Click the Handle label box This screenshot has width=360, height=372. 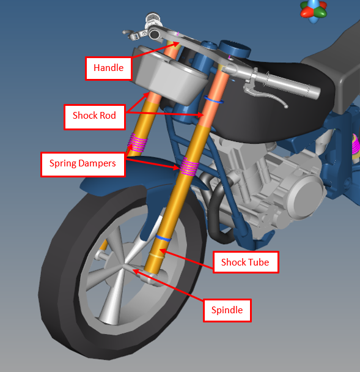(x=108, y=68)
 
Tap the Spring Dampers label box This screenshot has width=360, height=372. (x=83, y=164)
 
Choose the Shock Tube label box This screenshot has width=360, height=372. (x=246, y=262)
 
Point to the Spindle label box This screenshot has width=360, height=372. (x=227, y=310)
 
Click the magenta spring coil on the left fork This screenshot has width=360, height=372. (x=138, y=143)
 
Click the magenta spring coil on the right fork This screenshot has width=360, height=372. (x=189, y=167)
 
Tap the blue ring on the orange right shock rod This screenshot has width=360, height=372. (x=214, y=100)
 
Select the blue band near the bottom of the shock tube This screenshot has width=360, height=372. (x=163, y=238)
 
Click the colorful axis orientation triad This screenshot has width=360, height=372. (x=314, y=10)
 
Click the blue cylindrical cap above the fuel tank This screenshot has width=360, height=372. (x=235, y=49)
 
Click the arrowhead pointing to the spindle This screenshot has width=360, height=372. (x=135, y=271)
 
